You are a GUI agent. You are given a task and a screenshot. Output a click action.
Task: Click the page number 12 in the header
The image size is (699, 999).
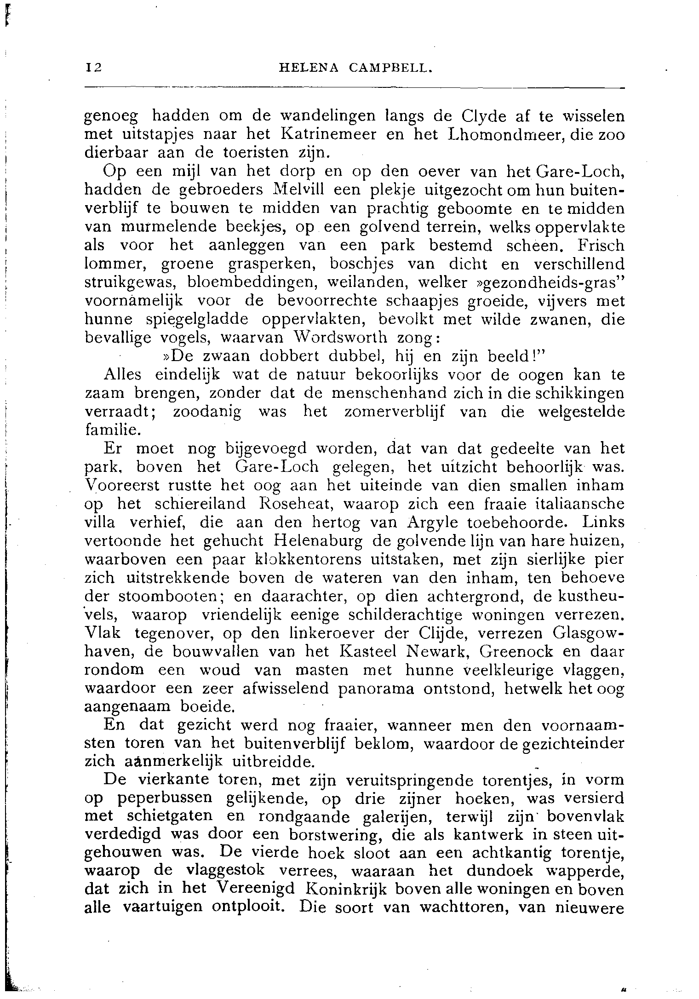pos(93,68)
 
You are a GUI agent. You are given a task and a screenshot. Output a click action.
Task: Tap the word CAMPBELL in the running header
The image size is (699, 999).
pos(391,68)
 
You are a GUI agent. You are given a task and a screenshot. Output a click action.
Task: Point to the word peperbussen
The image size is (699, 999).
pos(163,798)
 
